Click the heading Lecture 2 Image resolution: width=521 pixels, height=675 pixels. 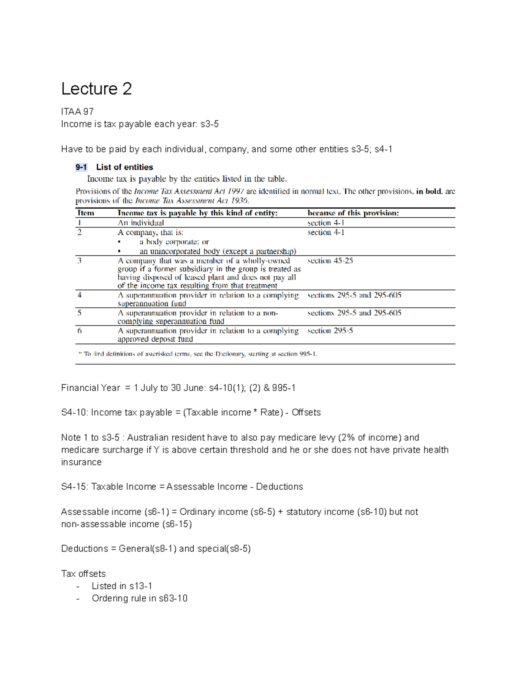point(96,89)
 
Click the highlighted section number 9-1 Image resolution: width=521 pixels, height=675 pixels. point(81,167)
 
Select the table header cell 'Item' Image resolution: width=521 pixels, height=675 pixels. point(86,213)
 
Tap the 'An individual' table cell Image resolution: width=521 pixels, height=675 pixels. point(141,223)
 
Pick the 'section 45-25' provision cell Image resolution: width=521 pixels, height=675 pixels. point(330,261)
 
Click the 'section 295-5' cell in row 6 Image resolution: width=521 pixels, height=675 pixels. point(330,331)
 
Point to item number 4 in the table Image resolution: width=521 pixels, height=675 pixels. point(79,295)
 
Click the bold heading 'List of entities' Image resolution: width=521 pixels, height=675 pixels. point(125,167)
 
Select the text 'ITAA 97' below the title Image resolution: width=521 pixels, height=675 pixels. point(77,112)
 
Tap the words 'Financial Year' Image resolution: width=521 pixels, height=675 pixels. point(90,388)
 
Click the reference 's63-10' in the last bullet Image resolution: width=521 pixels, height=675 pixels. point(173,598)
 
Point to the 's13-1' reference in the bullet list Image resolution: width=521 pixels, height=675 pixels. point(141,586)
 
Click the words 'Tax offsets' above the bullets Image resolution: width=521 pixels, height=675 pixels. point(83,574)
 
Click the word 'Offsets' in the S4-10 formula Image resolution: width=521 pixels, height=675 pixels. point(306,412)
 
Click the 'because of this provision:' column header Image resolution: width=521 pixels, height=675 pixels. point(353,213)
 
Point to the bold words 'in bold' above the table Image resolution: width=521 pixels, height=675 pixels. point(429,191)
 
